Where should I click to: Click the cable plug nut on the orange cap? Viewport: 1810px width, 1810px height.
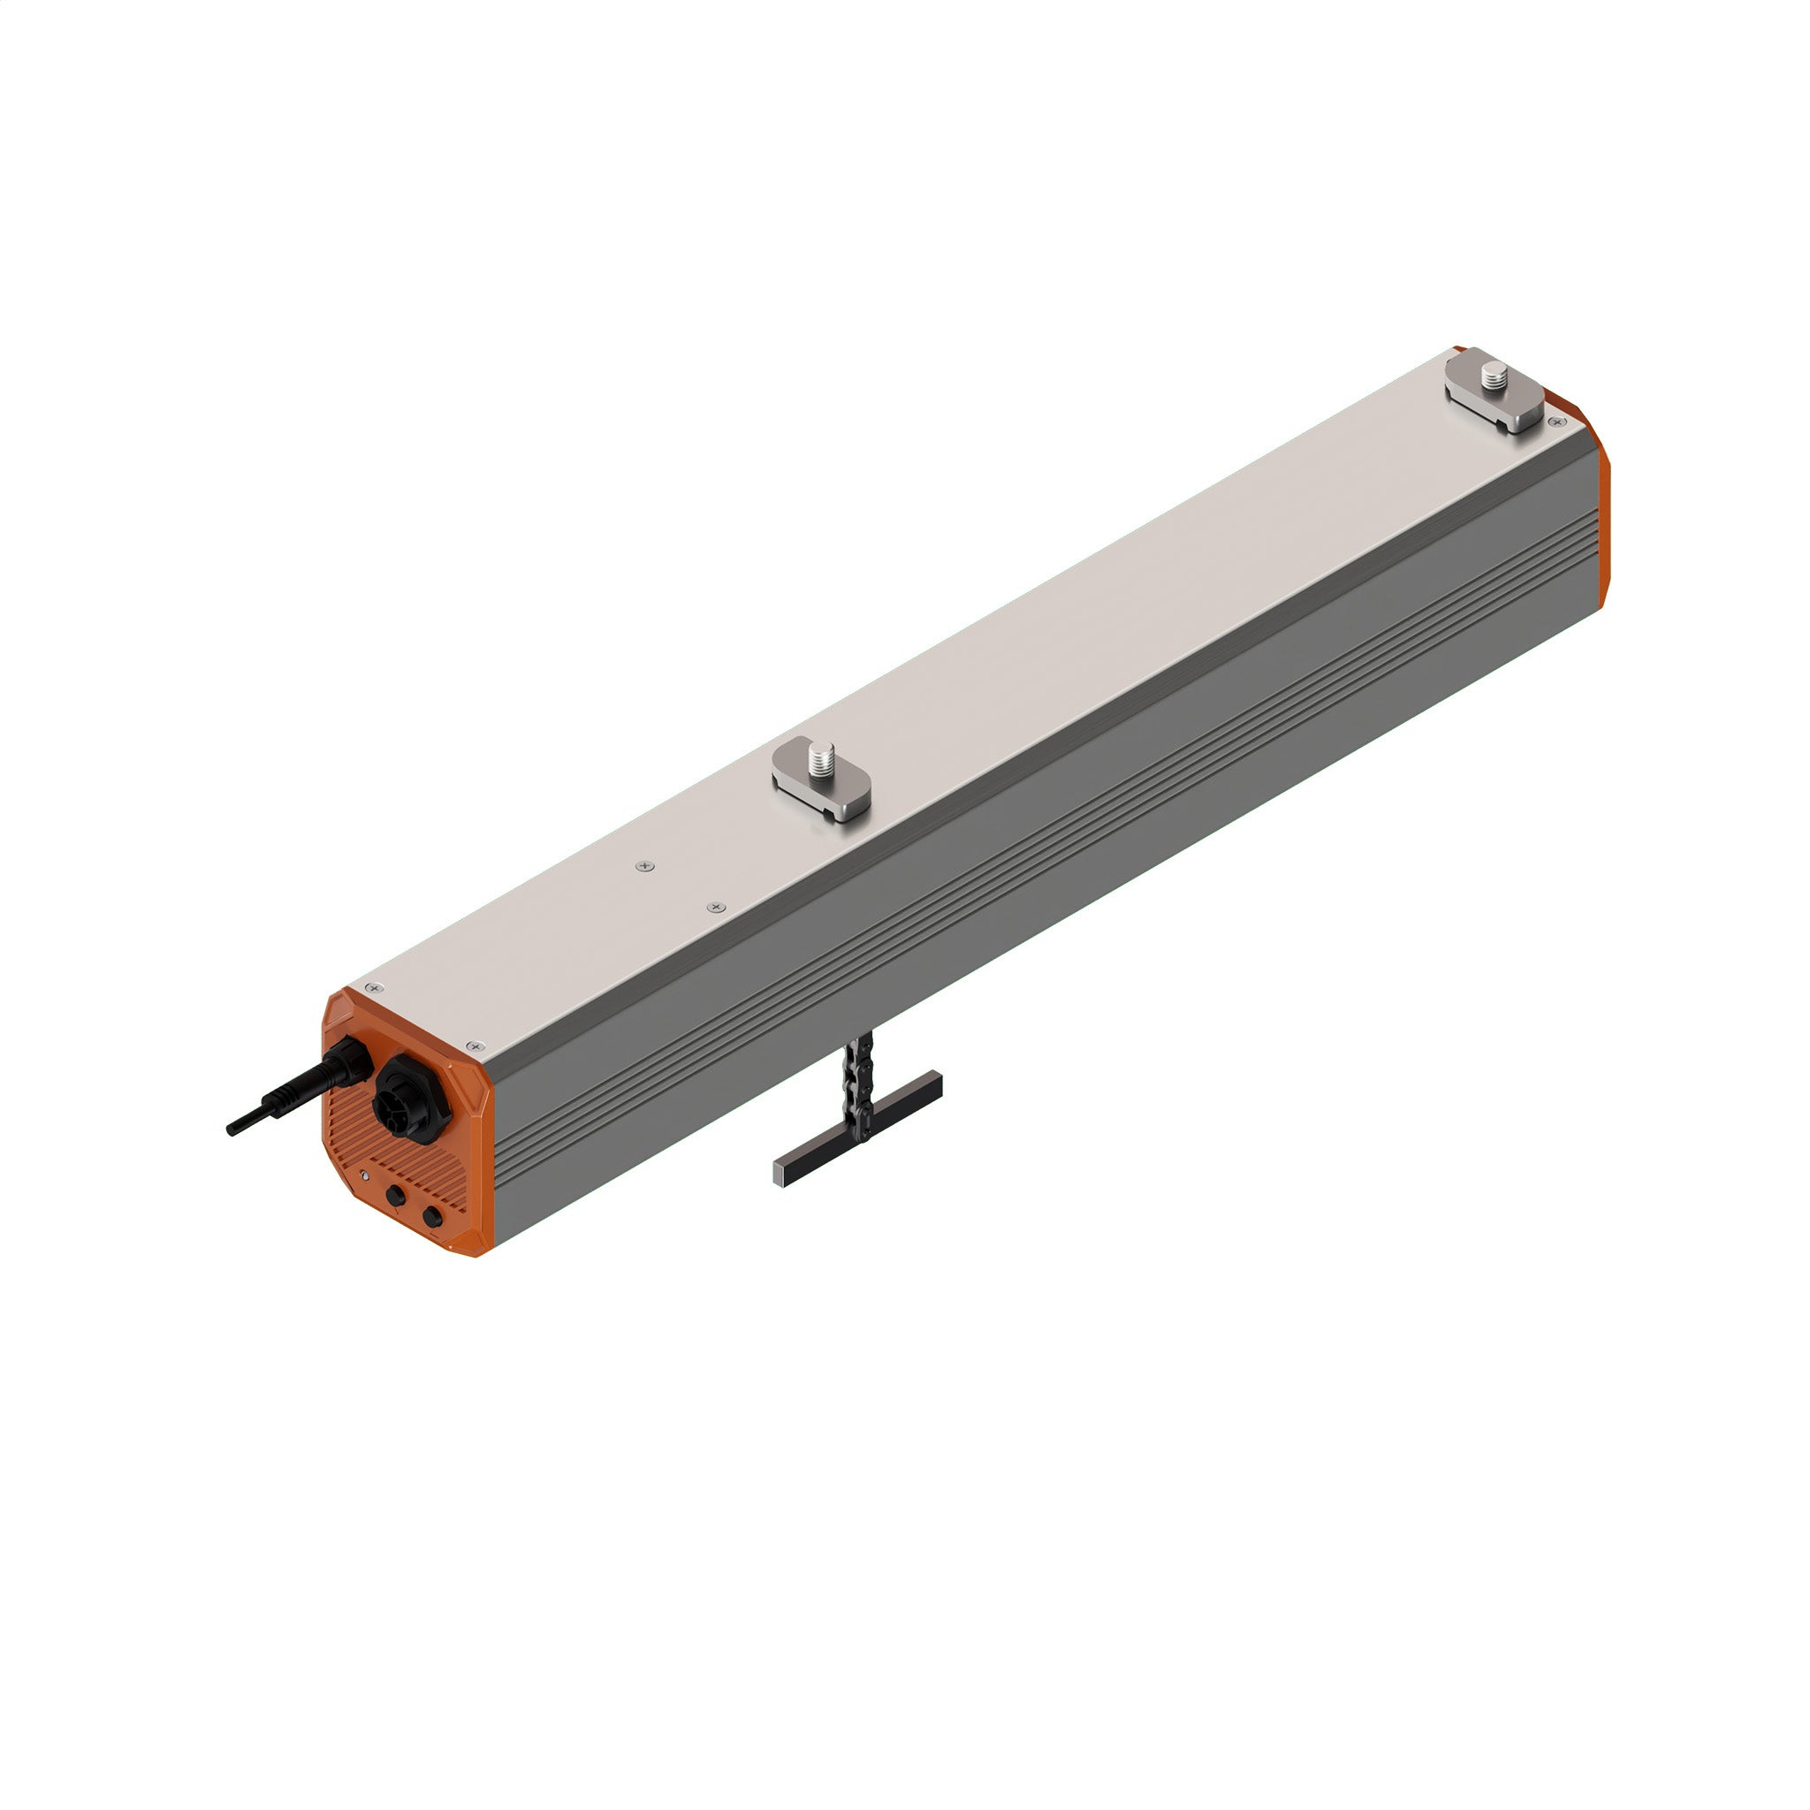347,1064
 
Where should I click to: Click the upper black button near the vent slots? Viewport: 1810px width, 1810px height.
395,1197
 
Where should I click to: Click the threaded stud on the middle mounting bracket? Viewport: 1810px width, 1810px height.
825,754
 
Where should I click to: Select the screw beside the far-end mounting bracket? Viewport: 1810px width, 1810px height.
1557,423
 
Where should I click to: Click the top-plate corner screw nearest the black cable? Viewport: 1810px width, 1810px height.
376,988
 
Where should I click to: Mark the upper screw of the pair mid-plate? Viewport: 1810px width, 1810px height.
642,867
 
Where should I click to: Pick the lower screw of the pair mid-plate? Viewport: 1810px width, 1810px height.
717,907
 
